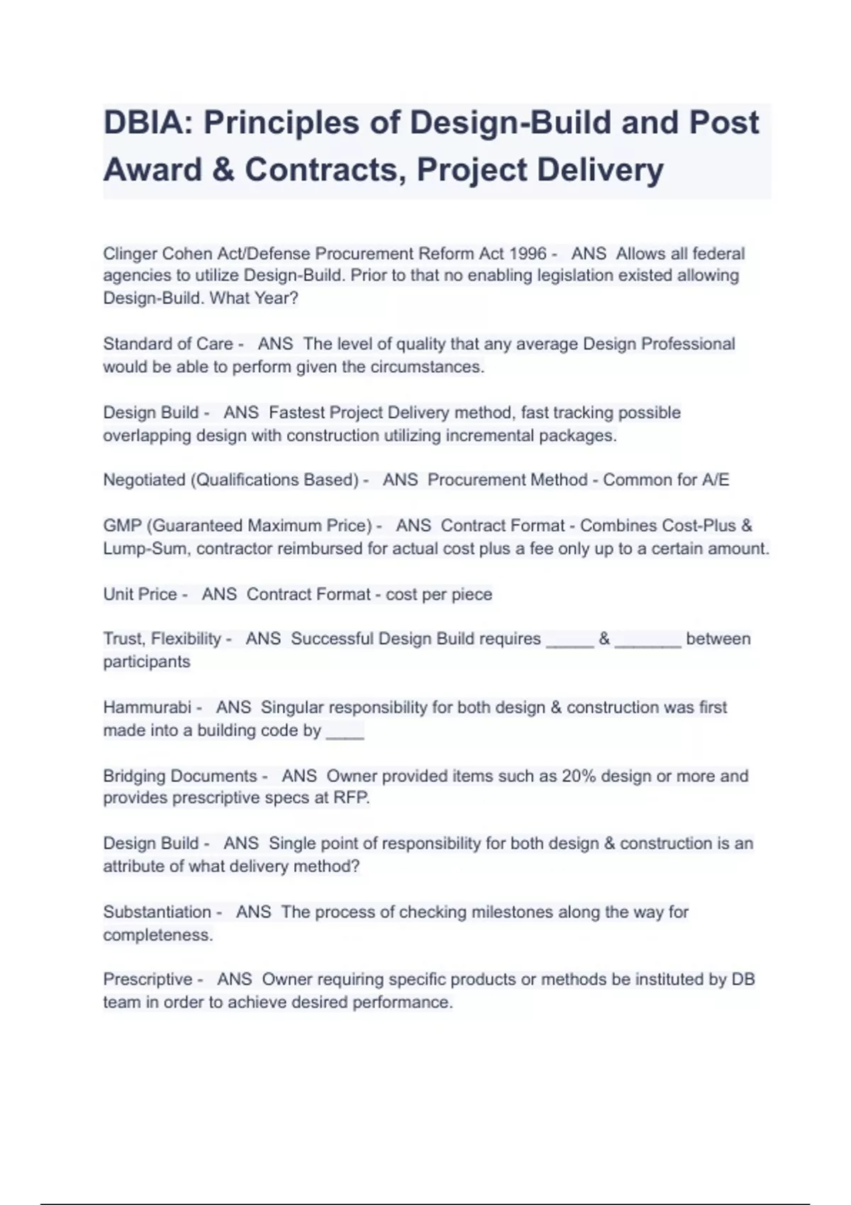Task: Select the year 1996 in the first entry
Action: [x=528, y=254]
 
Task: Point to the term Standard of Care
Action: [x=168, y=344]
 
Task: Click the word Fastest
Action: [x=296, y=413]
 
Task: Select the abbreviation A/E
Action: [x=715, y=480]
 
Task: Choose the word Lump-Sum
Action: [x=145, y=549]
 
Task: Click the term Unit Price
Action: [x=140, y=594]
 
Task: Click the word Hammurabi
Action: [x=147, y=707]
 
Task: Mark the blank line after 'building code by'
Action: [x=345, y=732]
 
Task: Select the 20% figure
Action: [x=579, y=776]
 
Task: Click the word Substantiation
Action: [x=157, y=912]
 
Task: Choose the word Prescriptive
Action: [x=148, y=980]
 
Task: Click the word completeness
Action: [x=157, y=935]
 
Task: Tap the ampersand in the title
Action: [x=223, y=170]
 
